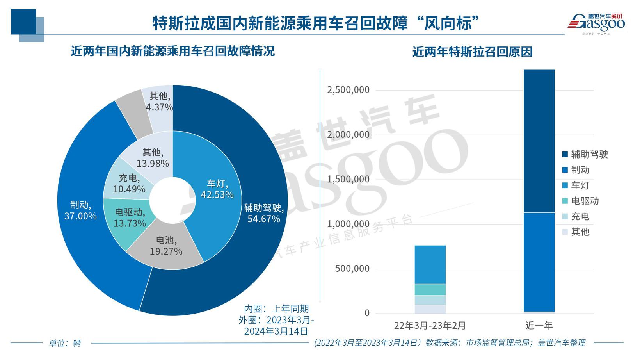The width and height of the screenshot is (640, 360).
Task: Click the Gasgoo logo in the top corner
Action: pyautogui.click(x=596, y=23)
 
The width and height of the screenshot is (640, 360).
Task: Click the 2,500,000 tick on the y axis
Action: pyautogui.click(x=348, y=90)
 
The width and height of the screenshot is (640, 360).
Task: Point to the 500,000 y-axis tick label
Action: pyautogui.click(x=352, y=269)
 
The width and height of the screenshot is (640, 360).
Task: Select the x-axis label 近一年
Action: pyautogui.click(x=539, y=325)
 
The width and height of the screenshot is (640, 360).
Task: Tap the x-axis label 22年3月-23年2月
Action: pyautogui.click(x=430, y=325)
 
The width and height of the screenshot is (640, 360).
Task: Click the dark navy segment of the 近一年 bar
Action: pyautogui.click(x=539, y=141)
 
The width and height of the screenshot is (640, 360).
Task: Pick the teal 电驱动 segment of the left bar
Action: pyautogui.click(x=430, y=289)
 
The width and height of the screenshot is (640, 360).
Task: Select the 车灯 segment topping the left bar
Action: pyautogui.click(x=430, y=264)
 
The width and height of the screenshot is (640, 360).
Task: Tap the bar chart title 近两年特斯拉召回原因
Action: pyautogui.click(x=472, y=52)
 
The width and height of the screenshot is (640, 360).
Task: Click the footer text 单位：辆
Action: pyautogui.click(x=65, y=343)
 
